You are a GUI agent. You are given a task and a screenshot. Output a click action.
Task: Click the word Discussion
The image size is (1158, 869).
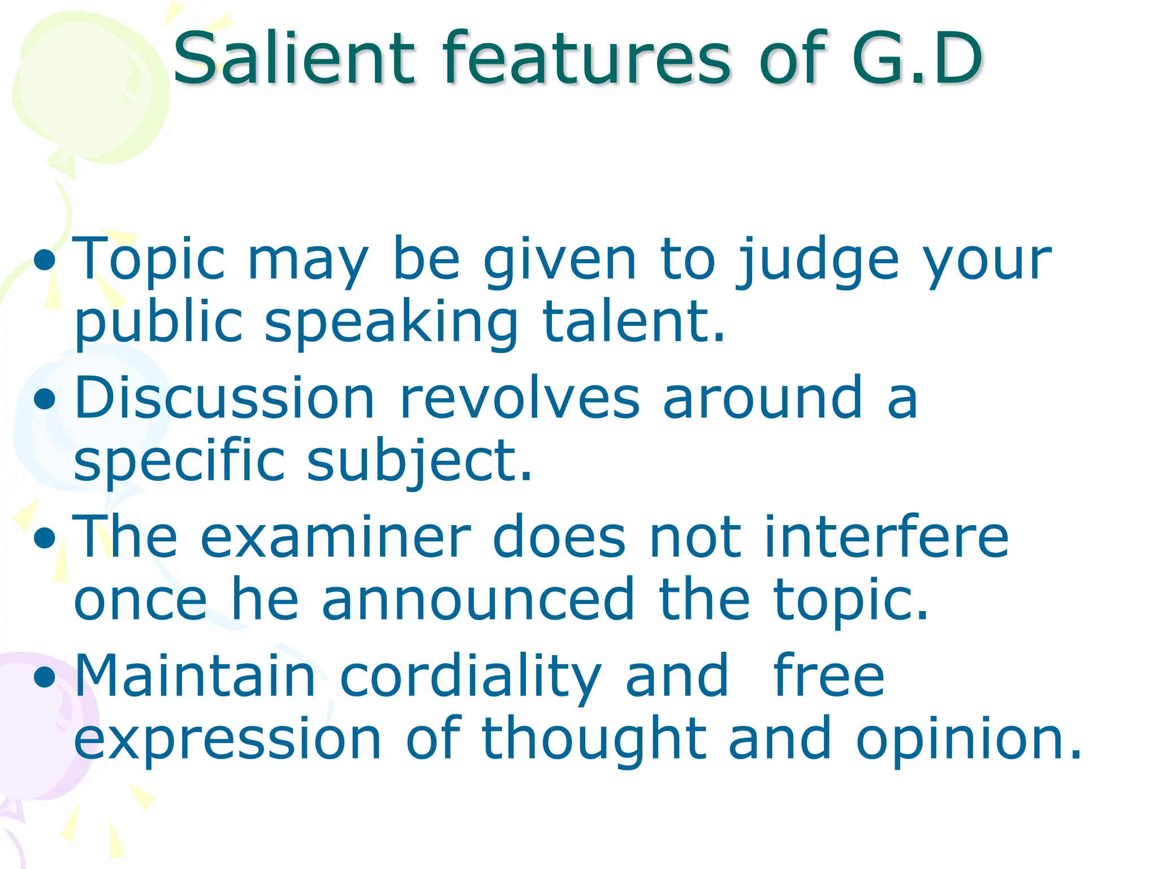click(x=224, y=399)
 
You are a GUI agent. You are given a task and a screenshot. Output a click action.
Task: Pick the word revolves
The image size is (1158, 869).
click(x=520, y=399)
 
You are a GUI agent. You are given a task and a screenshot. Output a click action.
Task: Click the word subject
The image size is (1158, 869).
click(x=418, y=461)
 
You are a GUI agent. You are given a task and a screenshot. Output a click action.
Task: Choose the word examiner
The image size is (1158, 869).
click(x=336, y=537)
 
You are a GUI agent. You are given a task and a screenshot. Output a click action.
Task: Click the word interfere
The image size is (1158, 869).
click(x=885, y=537)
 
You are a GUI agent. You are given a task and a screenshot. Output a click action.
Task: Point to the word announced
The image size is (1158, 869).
click(x=478, y=600)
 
